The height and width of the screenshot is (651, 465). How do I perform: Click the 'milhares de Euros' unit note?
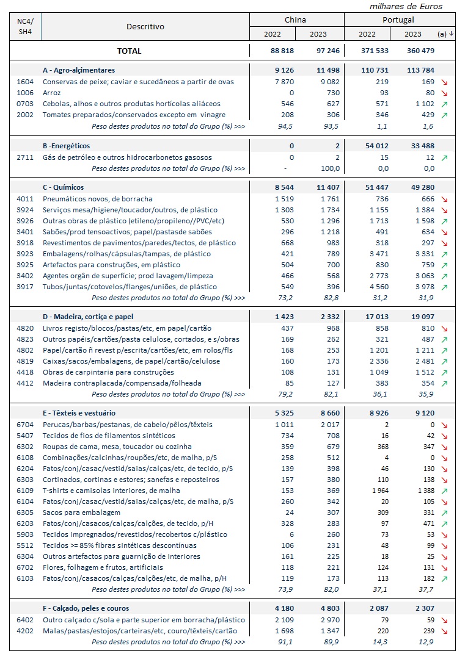406,6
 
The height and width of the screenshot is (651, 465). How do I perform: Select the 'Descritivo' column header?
145,26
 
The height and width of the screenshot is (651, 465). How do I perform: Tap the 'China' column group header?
296,20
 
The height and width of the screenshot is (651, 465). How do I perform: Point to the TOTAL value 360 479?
421,51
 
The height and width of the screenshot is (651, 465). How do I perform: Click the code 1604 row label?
26,81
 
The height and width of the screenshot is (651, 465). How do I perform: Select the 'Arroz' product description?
52,92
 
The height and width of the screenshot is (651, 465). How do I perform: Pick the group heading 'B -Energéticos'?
66,146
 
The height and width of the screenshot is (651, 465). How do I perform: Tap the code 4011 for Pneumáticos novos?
26,198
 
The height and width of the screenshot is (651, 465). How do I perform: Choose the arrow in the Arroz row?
444,93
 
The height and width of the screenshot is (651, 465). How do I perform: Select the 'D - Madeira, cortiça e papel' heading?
88,317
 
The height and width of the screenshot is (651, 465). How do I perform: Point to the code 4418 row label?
26,372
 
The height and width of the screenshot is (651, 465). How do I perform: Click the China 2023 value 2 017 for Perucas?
323,424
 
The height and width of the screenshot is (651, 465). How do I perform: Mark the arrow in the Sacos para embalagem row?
444,513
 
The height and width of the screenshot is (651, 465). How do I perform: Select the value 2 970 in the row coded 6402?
323,619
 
